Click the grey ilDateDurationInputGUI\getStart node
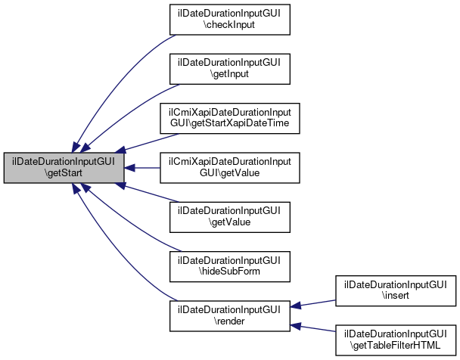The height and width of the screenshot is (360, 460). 64,167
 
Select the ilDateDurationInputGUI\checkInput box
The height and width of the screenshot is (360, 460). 229,18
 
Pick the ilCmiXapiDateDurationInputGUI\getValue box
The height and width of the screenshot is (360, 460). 229,167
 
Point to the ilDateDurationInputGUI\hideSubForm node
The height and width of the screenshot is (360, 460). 229,267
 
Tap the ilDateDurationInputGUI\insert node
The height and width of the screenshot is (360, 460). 394,291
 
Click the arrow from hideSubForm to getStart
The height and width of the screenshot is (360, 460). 129,219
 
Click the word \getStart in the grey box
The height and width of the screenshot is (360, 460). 64,173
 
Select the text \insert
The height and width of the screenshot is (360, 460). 394,297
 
